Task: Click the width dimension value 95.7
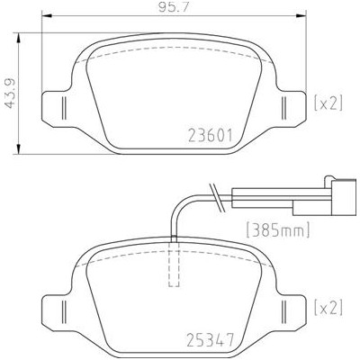(x=174, y=7)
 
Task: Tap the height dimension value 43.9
(x=10, y=94)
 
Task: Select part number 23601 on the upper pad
(x=211, y=136)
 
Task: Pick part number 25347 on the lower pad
(x=211, y=339)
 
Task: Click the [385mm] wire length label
(x=277, y=230)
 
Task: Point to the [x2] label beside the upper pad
(x=328, y=103)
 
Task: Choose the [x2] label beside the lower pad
(x=328, y=308)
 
